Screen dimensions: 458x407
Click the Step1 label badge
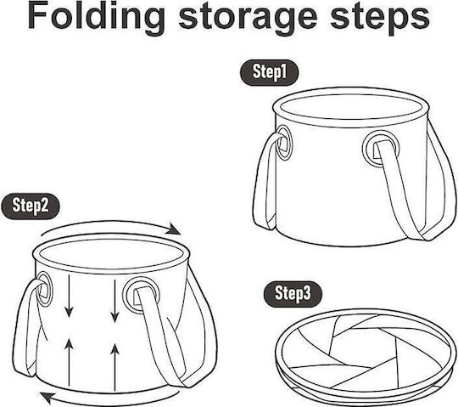[x=270, y=72]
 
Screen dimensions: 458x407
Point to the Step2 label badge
[x=31, y=206]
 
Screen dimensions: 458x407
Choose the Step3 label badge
[x=293, y=294]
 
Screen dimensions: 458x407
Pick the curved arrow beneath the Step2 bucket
[x=111, y=401]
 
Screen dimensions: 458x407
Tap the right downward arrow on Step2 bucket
[x=115, y=301]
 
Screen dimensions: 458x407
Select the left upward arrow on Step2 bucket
[x=69, y=362]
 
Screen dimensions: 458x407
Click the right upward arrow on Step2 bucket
[x=115, y=368]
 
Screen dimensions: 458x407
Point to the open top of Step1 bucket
[x=351, y=107]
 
